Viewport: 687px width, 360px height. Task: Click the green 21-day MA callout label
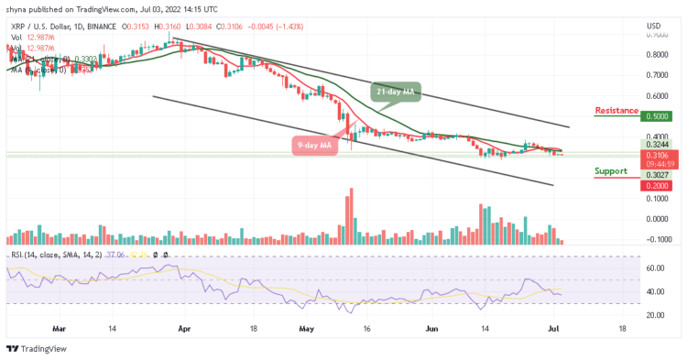(398, 91)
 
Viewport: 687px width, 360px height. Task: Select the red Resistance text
(616, 111)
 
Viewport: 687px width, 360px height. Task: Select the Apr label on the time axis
(183, 325)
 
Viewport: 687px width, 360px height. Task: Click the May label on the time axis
(305, 325)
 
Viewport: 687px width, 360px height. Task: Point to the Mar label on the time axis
(60, 325)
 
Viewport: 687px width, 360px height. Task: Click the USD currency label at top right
(654, 26)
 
